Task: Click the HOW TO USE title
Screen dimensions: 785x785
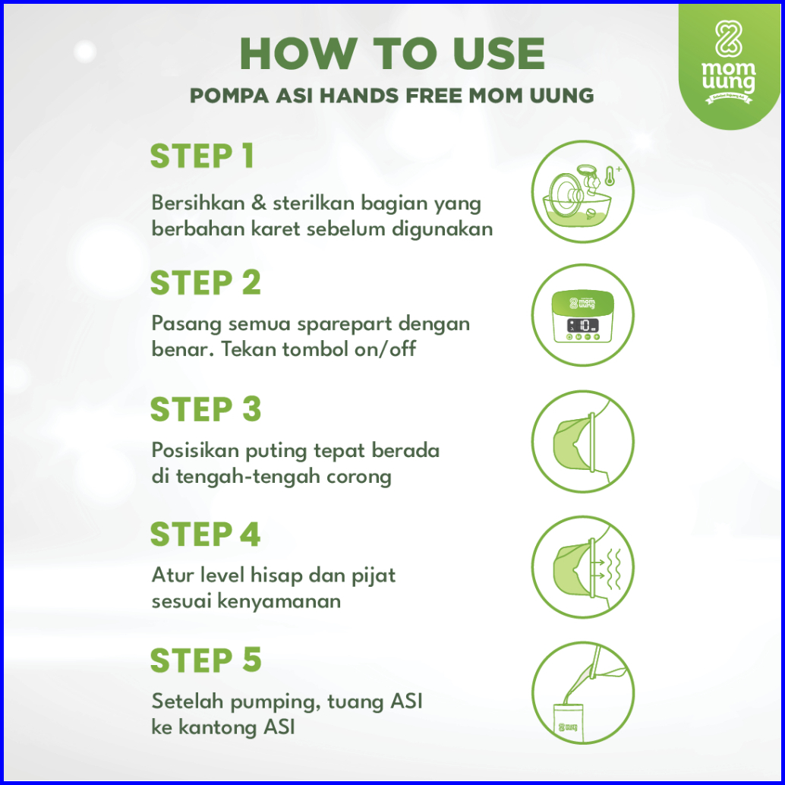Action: click(392, 53)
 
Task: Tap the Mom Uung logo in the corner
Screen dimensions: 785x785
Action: click(728, 61)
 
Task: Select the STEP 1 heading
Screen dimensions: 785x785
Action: click(202, 156)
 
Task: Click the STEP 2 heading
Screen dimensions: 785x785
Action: click(206, 283)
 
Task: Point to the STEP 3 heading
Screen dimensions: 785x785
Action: click(206, 409)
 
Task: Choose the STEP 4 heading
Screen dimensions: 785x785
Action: click(205, 534)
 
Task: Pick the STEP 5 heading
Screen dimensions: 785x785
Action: click(206, 660)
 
